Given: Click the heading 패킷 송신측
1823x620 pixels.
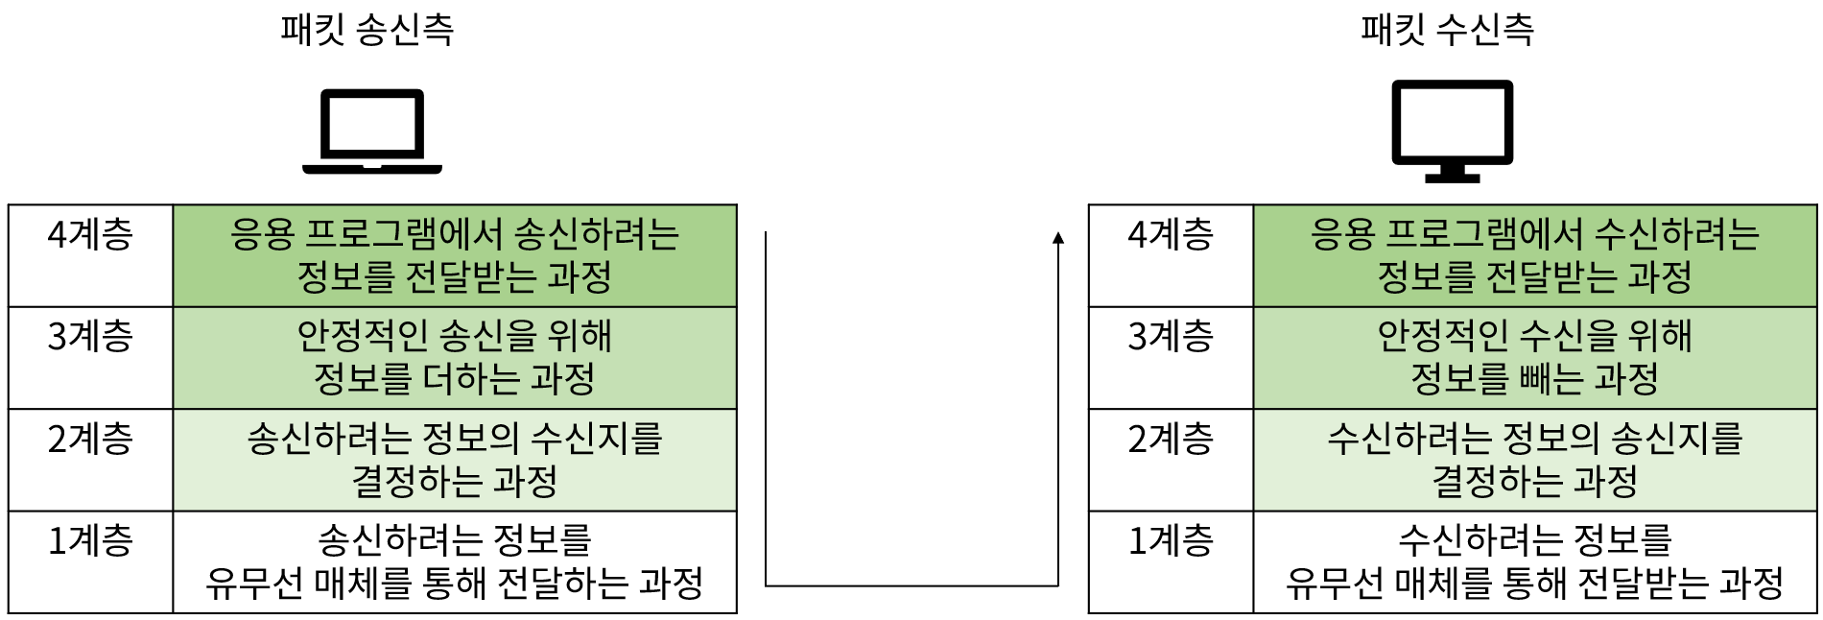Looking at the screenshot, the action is tap(367, 30).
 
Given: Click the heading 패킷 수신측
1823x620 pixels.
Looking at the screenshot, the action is tap(1447, 30).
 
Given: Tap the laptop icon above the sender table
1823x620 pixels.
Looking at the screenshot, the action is tap(372, 131).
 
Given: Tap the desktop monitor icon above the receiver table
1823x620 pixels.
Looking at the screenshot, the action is tap(1453, 131).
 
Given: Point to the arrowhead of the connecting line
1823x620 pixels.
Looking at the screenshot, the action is tap(1058, 238).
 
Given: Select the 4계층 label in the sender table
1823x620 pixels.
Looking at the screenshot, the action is tap(90, 235).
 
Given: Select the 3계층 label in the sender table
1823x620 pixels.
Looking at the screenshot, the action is tap(90, 337).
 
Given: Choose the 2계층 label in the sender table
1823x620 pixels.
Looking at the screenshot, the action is tap(90, 440).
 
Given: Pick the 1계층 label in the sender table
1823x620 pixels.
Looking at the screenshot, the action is tap(90, 541).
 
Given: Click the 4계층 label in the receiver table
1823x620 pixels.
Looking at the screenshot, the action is tap(1171, 235).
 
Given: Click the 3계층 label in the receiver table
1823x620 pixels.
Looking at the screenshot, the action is tap(1171, 337).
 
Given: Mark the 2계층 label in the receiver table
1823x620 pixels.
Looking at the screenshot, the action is tap(1171, 440).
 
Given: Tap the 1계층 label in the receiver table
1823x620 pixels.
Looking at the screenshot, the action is tap(1171, 541).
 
